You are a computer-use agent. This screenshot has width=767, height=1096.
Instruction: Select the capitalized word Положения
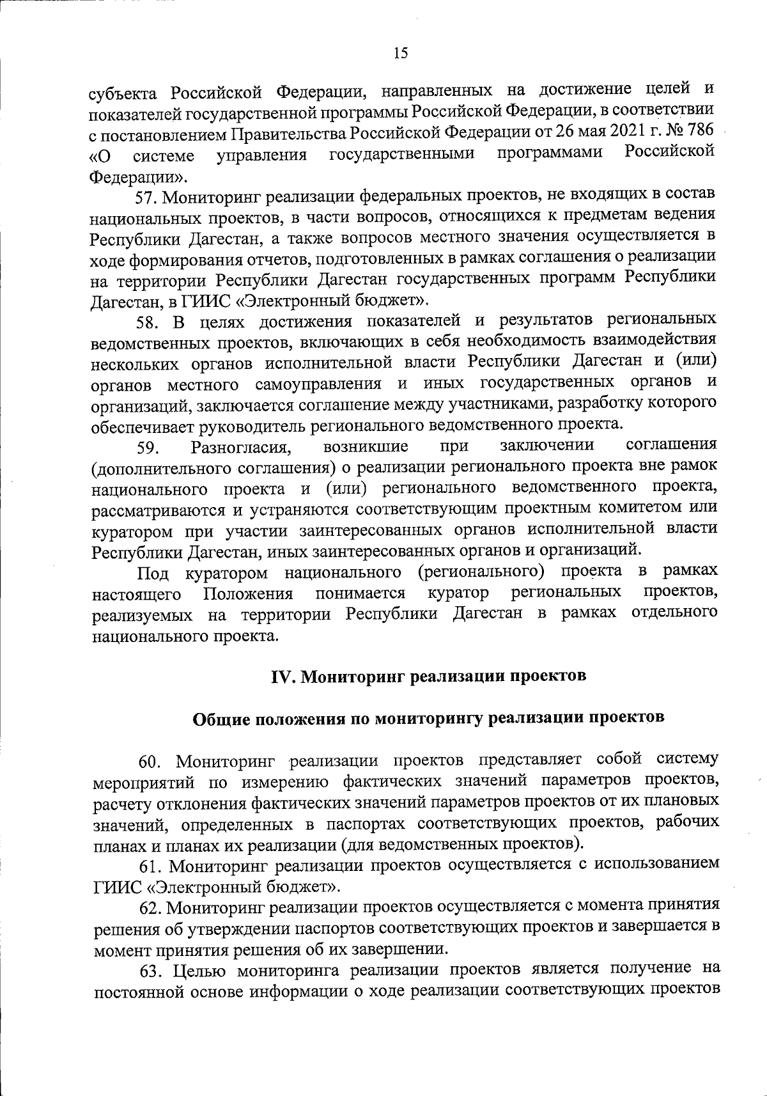coord(248,594)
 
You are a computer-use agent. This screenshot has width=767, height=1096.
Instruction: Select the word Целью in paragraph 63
coord(198,970)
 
